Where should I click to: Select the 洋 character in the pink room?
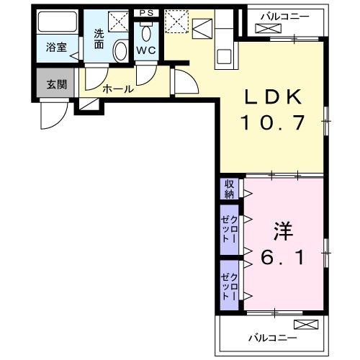[283, 232]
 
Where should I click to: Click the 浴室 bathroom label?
[57, 48]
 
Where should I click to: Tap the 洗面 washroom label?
[99, 37]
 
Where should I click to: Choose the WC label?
[147, 50]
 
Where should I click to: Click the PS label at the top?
[146, 13]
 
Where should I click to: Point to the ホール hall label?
[117, 90]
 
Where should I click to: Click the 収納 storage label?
[229, 189]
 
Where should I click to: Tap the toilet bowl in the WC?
[147, 32]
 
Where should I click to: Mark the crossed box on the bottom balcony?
[305, 324]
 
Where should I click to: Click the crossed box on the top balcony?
[266, 27]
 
